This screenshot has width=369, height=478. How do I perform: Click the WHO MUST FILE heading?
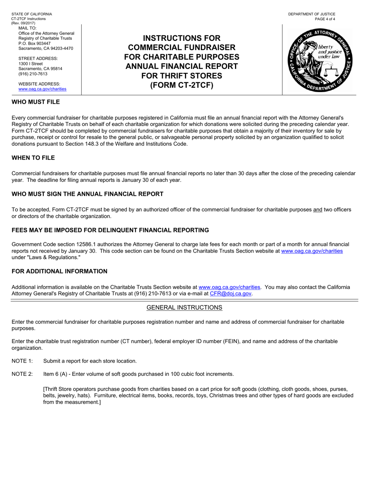36,102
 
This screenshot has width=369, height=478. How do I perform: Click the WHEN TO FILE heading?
33,158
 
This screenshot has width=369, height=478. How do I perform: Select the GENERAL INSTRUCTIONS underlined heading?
184,307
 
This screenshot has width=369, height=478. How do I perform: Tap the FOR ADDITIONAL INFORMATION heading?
59,271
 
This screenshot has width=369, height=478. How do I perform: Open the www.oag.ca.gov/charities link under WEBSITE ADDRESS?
42,89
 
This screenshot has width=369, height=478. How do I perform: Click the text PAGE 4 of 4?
325,19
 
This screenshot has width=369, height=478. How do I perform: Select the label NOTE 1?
22,361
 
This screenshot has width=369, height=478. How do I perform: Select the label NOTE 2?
22,374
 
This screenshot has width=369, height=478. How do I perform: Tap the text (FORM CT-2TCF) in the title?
182,85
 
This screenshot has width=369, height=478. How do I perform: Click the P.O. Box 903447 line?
35,44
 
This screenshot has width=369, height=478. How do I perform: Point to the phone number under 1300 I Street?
33,74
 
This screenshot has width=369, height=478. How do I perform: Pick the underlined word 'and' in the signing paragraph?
318,210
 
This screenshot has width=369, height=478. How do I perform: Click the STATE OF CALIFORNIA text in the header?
31,14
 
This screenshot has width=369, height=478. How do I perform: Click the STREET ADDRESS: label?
38,59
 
